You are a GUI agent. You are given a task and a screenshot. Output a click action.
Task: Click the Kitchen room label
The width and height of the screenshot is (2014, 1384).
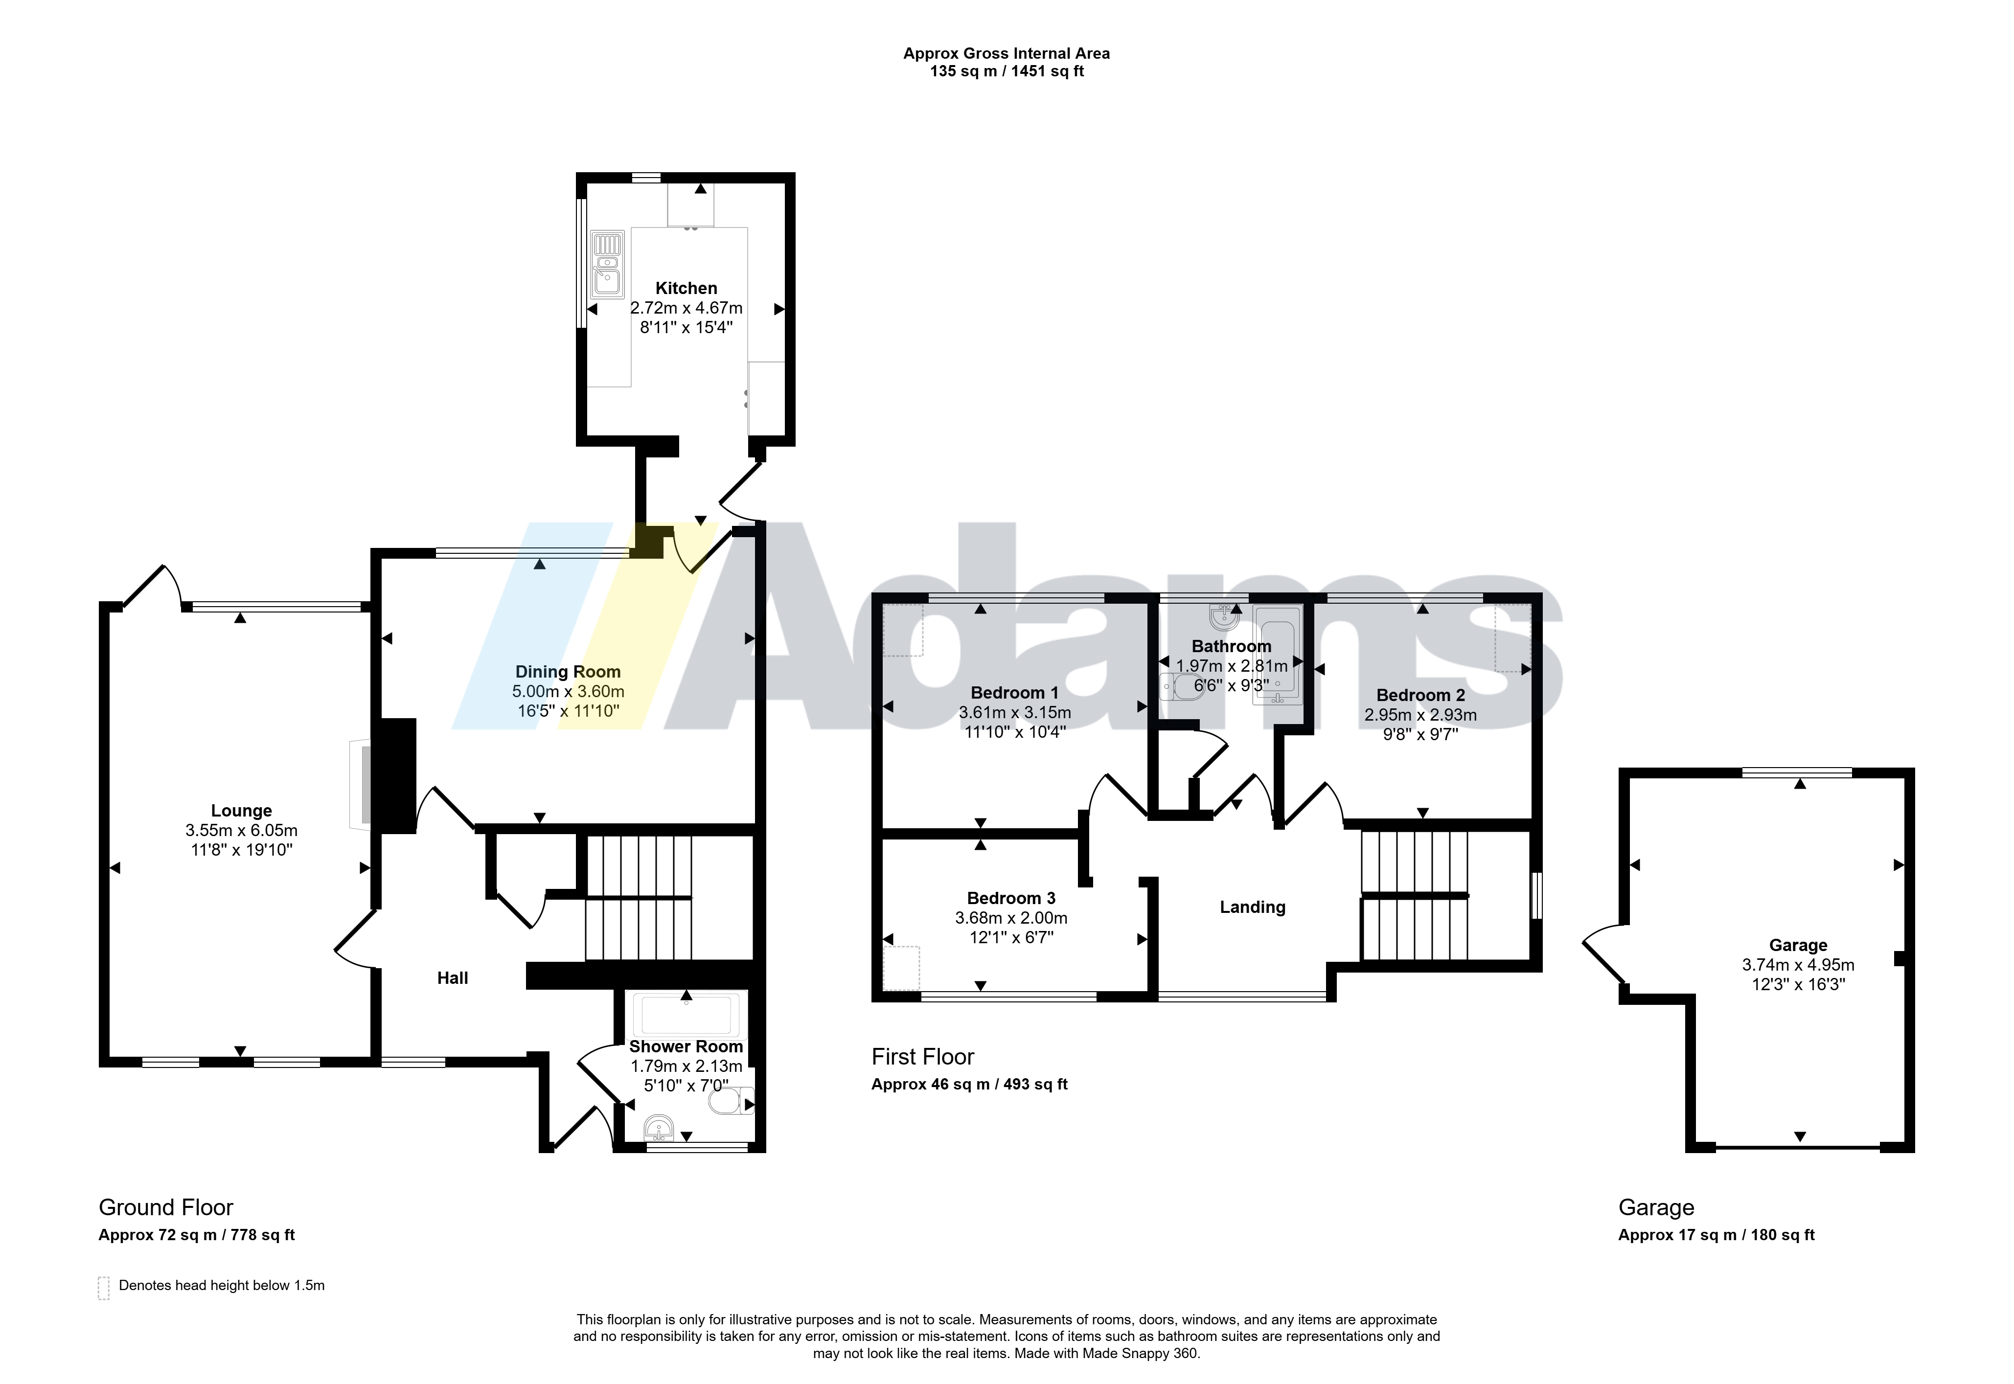(x=686, y=288)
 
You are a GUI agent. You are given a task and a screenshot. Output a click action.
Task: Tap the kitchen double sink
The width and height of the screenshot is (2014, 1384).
(x=607, y=265)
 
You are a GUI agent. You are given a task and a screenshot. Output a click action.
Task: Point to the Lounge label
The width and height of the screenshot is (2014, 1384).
(x=241, y=810)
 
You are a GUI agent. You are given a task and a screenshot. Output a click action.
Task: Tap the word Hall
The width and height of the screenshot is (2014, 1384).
(x=453, y=978)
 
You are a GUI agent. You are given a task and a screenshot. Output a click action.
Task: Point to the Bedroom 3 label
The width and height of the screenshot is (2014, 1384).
(x=1011, y=898)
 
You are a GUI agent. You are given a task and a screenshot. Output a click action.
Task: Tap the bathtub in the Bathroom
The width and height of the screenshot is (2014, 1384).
(x=1277, y=656)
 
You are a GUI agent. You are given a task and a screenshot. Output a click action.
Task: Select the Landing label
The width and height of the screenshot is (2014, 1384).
(x=1253, y=907)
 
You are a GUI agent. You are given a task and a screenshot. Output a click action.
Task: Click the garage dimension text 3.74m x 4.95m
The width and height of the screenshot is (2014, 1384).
(x=1798, y=964)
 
